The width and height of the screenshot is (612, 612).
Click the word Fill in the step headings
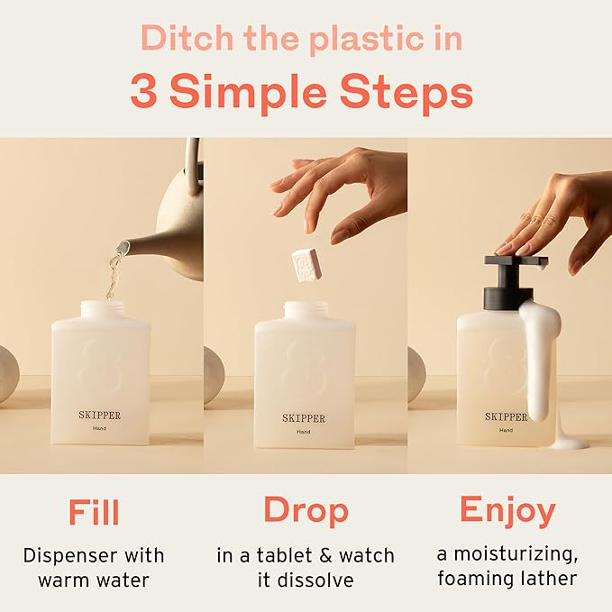coord(94,512)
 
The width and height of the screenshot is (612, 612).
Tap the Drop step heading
coord(306,511)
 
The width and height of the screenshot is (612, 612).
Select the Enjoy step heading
coord(507,511)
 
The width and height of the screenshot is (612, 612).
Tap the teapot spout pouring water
coord(135,246)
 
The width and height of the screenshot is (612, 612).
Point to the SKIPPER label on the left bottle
coord(99,416)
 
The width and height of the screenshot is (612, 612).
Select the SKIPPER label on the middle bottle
coord(304,418)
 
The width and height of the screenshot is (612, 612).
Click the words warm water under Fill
coord(94,578)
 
